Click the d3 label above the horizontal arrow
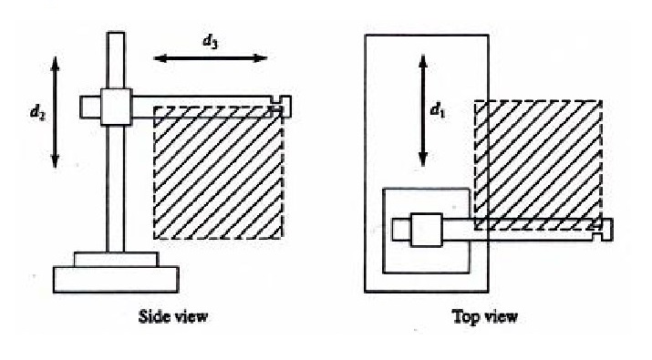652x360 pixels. point(210,42)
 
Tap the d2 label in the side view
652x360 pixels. point(37,112)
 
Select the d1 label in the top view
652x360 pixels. point(438,110)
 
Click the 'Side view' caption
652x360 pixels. point(173,316)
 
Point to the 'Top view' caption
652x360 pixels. point(485,317)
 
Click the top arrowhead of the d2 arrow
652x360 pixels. point(56,62)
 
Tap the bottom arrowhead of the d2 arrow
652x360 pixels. point(56,161)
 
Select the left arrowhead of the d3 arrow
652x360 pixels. point(160,58)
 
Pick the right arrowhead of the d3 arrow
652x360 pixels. point(261,58)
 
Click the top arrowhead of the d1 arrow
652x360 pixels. point(423,62)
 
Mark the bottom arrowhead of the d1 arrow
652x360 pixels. point(423,159)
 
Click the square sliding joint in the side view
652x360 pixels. point(117,107)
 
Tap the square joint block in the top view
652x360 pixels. point(426,230)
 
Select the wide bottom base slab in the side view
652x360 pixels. point(116,280)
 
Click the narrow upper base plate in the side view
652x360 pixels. point(116,260)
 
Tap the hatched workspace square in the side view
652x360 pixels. point(219,172)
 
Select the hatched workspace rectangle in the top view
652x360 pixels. point(539,165)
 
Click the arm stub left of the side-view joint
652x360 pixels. point(90,108)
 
